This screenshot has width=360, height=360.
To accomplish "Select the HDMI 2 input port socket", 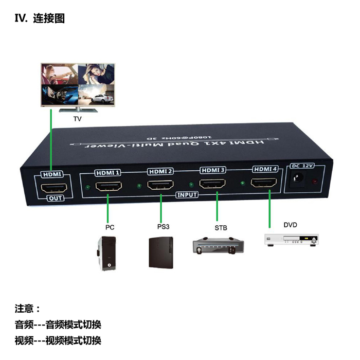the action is [x=160, y=184].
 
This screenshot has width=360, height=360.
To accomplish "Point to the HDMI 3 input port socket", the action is [x=213, y=183].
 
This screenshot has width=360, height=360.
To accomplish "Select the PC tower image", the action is [x=106, y=253].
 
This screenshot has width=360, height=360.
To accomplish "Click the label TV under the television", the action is [x=77, y=119].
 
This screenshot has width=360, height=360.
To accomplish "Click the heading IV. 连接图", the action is [x=40, y=20].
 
